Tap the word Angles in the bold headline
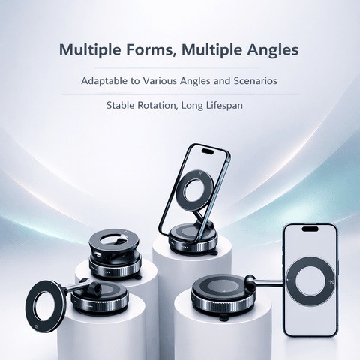273,50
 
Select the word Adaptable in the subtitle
104,81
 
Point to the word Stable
121,105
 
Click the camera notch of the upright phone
310,229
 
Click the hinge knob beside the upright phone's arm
250,279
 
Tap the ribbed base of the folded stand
115,271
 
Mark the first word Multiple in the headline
91,50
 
